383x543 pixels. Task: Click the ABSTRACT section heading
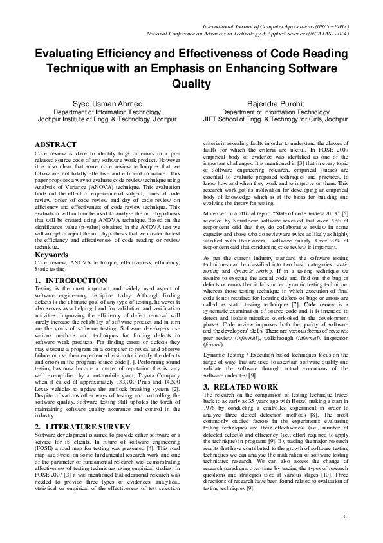[x=55, y=144]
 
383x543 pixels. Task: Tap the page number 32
[x=345, y=516]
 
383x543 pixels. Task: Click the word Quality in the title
[x=191, y=84]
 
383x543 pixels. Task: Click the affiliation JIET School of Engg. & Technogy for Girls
[x=283, y=119]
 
